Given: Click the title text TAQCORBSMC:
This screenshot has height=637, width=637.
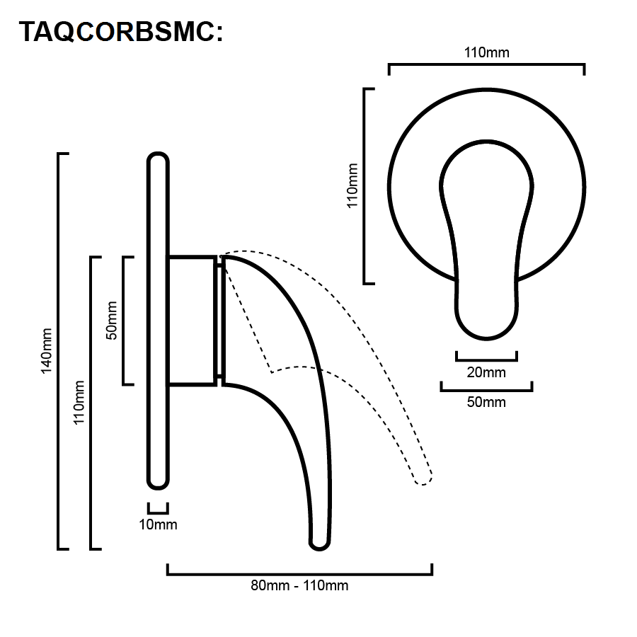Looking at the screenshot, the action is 120,32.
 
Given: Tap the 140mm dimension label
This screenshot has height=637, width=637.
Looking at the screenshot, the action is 47,351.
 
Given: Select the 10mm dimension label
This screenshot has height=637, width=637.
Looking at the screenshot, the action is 158,524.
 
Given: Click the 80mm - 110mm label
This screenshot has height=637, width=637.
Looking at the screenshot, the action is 299,585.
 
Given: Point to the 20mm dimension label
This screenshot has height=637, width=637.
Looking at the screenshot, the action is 486,372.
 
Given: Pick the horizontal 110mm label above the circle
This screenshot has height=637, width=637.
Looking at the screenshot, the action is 487,52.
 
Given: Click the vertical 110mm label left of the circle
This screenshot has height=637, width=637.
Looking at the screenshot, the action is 352,185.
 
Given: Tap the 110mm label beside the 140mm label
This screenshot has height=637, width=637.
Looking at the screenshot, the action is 79,403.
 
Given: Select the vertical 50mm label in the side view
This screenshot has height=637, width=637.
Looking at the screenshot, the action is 111,321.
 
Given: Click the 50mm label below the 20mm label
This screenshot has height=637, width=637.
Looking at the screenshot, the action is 486,402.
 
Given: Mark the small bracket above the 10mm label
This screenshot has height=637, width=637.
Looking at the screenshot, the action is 158,509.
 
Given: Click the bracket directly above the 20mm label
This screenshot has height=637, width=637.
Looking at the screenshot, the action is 487,356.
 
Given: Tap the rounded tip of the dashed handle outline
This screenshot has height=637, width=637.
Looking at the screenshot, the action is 424,480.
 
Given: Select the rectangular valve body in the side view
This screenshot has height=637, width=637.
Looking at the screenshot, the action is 192,321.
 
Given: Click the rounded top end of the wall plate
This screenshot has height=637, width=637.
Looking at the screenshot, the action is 158,159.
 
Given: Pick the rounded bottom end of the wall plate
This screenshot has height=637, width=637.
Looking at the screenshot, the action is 158,483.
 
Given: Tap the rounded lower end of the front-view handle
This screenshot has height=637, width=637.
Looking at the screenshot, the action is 487,325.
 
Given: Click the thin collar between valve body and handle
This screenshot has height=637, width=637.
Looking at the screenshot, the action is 220,321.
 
